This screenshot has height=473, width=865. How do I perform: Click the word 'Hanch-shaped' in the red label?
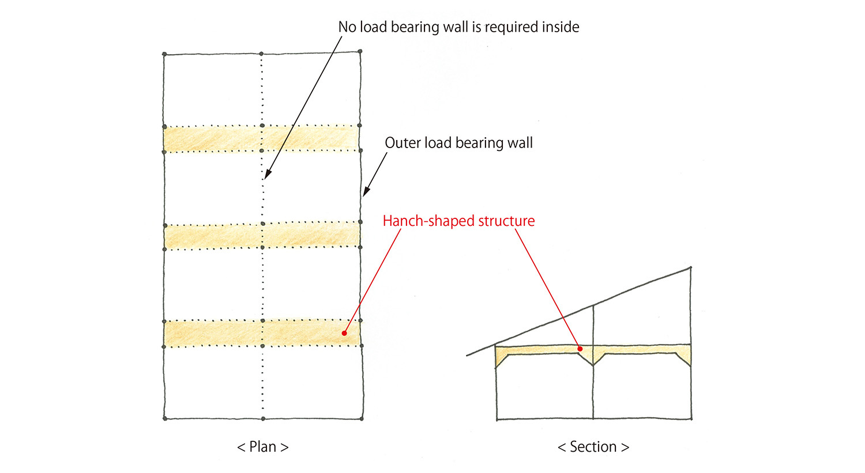tap(428, 221)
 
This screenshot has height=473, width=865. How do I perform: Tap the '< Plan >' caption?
tap(262, 446)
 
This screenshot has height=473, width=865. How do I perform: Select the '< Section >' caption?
tap(593, 446)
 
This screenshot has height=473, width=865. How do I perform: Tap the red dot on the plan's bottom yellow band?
tap(344, 334)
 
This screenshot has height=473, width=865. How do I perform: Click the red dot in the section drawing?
tap(580, 349)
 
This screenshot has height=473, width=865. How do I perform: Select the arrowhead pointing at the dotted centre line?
tap(268, 175)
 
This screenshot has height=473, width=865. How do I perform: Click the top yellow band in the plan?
tap(262, 138)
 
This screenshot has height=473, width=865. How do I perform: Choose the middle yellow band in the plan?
tap(262, 236)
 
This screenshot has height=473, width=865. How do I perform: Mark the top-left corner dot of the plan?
tap(164, 54)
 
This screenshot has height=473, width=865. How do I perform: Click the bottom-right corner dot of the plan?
tap(362, 419)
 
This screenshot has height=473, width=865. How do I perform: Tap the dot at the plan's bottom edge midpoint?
tap(263, 419)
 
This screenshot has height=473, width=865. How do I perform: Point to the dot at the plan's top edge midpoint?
tap(261, 53)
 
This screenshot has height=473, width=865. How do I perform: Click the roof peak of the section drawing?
tap(690, 267)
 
